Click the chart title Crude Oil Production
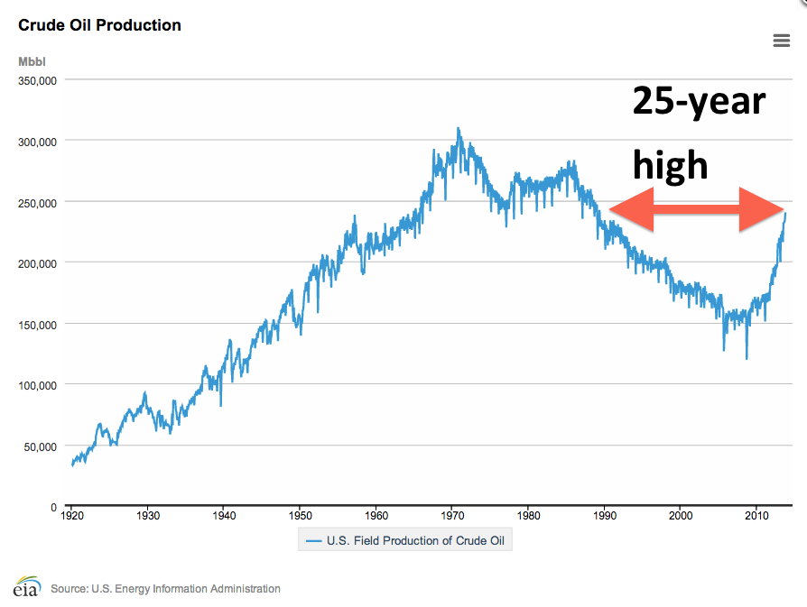coord(99,25)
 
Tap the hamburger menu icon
coord(782,40)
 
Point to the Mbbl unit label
coord(32,61)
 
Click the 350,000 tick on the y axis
coord(38,80)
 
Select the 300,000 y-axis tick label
coord(38,142)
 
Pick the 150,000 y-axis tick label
coord(38,325)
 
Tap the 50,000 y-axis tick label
coord(41,446)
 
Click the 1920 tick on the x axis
coord(72,516)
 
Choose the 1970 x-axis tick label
coord(452,516)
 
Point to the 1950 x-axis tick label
coord(301,516)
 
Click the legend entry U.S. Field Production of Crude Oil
coord(403,540)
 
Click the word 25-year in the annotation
coord(699,101)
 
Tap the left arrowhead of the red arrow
coord(628,209)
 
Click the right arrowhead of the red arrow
coord(764,209)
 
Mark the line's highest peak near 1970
coord(459,128)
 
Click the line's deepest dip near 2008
coord(747,358)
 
